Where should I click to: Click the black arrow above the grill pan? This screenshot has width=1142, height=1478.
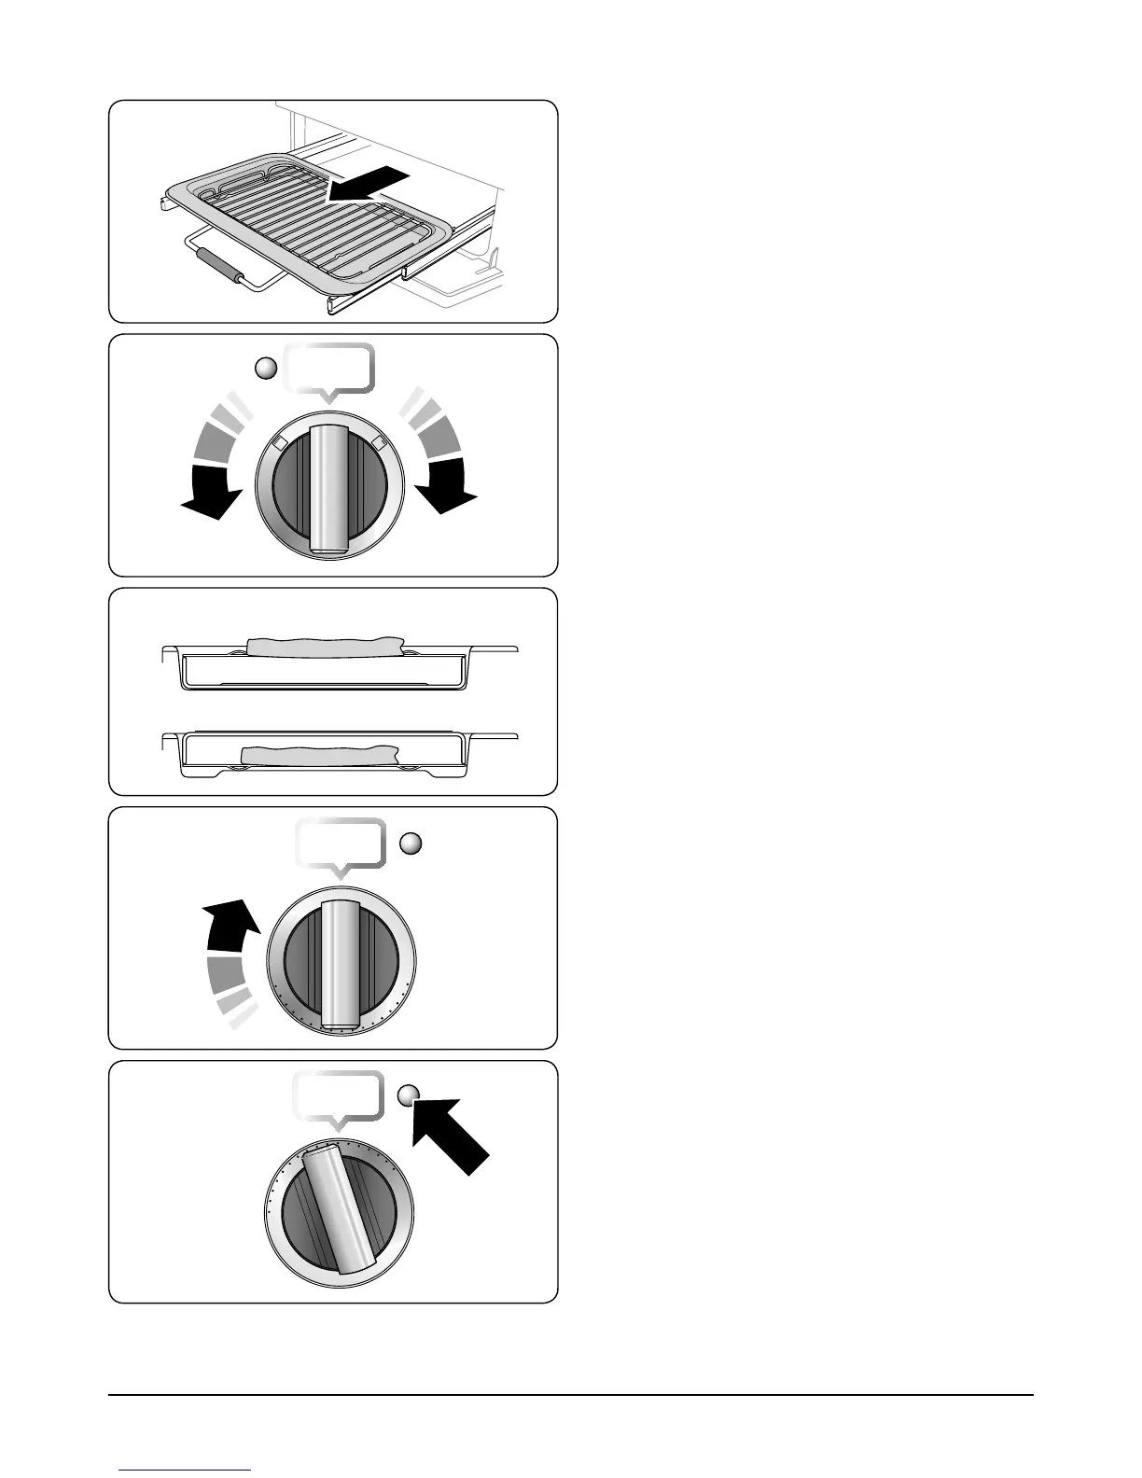pos(369,184)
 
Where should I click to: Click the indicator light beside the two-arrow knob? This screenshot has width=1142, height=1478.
pos(267,369)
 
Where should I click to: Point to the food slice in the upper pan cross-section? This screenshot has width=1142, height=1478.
pos(323,646)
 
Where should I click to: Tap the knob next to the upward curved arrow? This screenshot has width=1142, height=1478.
pos(341,965)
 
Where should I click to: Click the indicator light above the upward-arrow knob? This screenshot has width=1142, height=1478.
pos(411,844)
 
